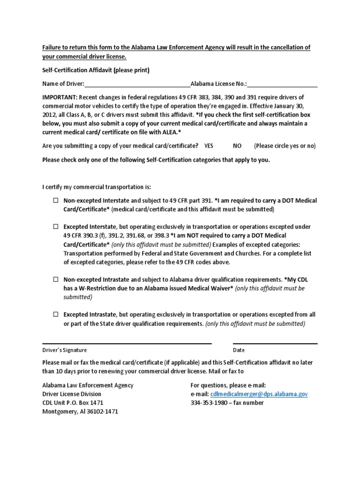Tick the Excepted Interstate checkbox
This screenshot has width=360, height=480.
[55, 227]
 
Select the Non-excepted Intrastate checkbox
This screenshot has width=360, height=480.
[55, 279]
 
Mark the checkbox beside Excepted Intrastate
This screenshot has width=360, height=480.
[55, 315]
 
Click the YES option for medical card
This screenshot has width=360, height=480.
[209, 146]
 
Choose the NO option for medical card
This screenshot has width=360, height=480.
[237, 146]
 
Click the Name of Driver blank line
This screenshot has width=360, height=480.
[137, 85]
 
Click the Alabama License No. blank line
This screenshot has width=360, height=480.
[282, 85]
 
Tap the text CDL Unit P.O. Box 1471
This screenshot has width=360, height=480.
[73, 403]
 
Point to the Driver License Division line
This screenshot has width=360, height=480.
[72, 394]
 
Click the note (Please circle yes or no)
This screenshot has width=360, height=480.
[285, 146]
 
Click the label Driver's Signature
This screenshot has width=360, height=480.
[65, 350]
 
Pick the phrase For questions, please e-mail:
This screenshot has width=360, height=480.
[228, 385]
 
